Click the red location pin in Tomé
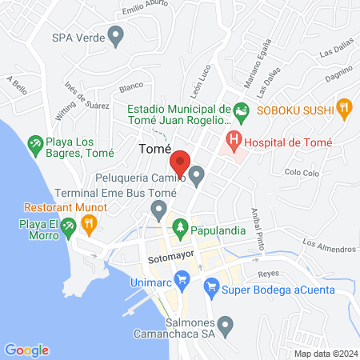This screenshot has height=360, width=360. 180,162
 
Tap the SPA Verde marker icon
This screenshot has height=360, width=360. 117,36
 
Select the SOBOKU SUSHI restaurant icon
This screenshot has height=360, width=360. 344,106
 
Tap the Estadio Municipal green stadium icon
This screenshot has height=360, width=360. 239,110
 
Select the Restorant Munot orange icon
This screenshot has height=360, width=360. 90,225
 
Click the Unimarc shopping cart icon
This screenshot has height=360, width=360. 182,279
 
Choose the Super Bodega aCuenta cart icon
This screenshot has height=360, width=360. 212,286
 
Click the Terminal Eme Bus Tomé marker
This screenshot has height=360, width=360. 158,210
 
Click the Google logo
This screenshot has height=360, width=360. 27,350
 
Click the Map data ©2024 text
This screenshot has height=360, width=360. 325,353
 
